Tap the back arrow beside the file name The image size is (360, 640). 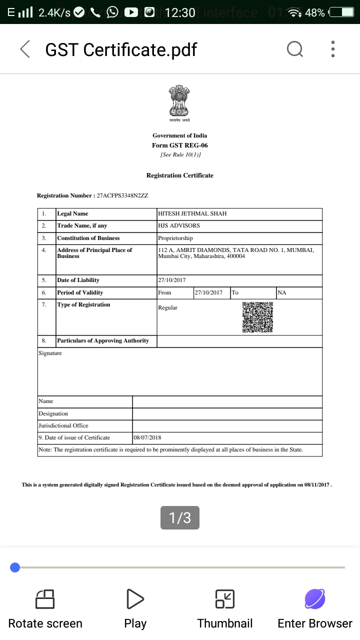click(x=24, y=49)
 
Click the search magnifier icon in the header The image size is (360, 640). click(x=294, y=49)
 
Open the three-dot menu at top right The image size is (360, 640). click(x=333, y=49)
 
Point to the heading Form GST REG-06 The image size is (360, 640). click(x=179, y=145)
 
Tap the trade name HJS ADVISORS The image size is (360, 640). click(x=179, y=225)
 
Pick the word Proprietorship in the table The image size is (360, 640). click(x=175, y=238)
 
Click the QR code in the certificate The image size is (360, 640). click(x=257, y=317)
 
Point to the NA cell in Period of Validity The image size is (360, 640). click(x=282, y=292)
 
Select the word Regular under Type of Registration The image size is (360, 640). click(x=168, y=307)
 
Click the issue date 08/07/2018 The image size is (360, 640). click(x=147, y=437)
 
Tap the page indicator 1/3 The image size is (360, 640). click(x=179, y=517)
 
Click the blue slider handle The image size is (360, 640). click(x=15, y=567)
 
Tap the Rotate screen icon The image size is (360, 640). click(x=45, y=599)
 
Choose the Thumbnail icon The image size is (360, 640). click(x=225, y=599)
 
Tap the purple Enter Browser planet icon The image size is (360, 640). click(x=315, y=599)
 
